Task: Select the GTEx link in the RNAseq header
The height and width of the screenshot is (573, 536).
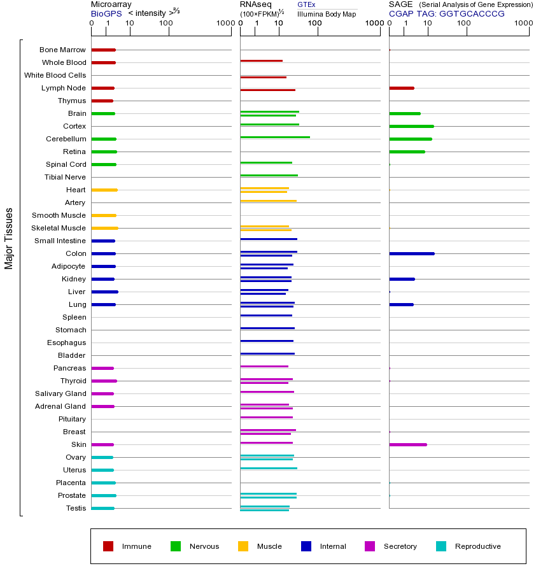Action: coord(306,5)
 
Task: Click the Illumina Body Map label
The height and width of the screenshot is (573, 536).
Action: coord(327,14)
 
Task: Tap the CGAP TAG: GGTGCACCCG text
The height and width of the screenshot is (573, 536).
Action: coord(446,13)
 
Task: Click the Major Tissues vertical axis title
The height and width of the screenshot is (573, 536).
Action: coord(9,237)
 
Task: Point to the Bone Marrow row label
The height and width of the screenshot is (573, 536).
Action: coord(62,50)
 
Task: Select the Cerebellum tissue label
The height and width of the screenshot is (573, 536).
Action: coord(66,139)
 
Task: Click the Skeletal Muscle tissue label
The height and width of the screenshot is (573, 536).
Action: coord(59,228)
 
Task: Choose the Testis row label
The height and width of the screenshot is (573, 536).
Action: coord(76,508)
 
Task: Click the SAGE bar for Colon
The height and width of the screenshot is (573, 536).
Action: coord(411,253)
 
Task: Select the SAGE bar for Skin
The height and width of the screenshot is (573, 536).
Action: coord(407,444)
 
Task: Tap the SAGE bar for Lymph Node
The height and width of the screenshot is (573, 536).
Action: coord(401,88)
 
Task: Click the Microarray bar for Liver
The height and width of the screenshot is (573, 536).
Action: coord(104,292)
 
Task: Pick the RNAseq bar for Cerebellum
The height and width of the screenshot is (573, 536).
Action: coord(275,137)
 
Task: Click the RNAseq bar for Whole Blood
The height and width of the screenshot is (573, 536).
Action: coord(261,60)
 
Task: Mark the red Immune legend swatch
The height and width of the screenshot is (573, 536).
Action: coord(108,546)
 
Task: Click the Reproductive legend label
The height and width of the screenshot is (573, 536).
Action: coord(477,546)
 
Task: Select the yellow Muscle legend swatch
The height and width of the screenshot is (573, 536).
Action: coord(243,546)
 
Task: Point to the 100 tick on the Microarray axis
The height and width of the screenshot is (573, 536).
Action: coord(166,24)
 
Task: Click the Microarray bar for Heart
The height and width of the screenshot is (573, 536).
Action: coord(104,190)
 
